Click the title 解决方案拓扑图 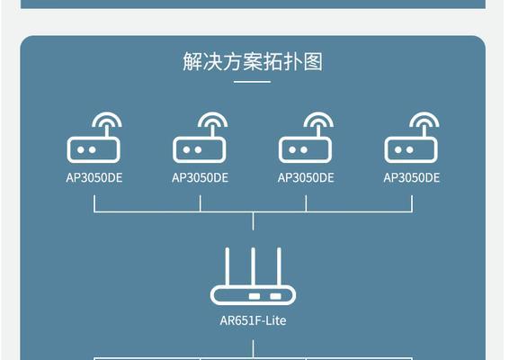pos(253,61)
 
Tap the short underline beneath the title pos(252,82)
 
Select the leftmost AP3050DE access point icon pos(94,137)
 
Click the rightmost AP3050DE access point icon pos(412,137)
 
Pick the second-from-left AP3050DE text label pos(200,177)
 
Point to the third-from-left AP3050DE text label pos(306,177)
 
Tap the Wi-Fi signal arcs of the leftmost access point pos(107,119)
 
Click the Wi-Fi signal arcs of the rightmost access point pos(424,119)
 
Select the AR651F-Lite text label pos(253,320)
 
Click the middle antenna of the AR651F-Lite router pos(253,267)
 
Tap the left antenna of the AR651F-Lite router pos(228,267)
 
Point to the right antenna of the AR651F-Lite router pos(279,267)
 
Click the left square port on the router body pos(254,296)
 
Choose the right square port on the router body pos(275,296)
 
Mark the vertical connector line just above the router pos(253,221)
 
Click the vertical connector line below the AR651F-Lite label pos(253,349)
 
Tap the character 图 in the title pos(313,61)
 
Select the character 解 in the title pos(192,61)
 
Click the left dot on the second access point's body pos(186,149)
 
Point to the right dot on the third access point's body pos(304,149)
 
